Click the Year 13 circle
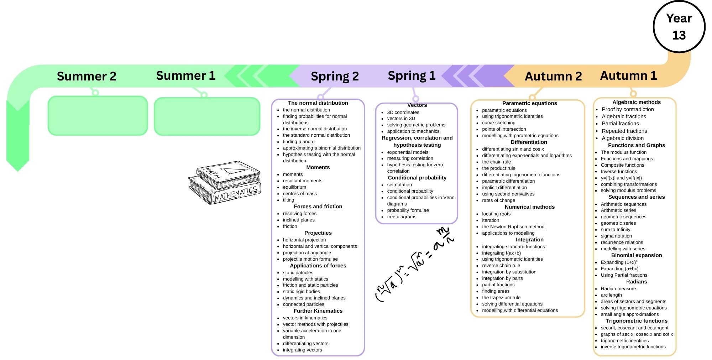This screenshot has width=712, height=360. (679, 27)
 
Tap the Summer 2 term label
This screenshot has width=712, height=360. (87, 76)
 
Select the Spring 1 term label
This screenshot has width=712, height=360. (412, 76)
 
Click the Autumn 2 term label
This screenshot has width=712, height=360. (553, 76)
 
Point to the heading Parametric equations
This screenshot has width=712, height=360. (529, 103)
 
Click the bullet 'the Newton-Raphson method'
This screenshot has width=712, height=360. (513, 227)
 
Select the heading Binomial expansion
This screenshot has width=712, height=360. (636, 255)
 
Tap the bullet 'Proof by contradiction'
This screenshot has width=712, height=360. (628, 109)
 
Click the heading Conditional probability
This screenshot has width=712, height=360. (417, 178)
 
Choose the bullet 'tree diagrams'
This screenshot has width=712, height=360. (402, 217)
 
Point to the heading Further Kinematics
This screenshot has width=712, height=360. (318, 311)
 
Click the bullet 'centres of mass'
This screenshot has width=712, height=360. (300, 194)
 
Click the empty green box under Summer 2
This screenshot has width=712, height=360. (98, 116)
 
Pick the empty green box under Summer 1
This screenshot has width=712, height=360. (207, 116)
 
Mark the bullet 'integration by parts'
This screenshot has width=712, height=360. (502, 278)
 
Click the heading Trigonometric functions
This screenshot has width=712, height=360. (636, 321)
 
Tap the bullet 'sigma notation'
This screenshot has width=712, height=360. (616, 236)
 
